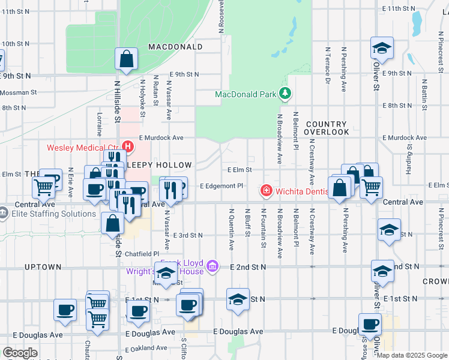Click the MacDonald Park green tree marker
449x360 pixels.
[x=285, y=94]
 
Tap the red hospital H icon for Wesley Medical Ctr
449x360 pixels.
[x=127, y=146]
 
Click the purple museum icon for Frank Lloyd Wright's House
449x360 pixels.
[x=211, y=266]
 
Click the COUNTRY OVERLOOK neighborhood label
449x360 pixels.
[x=326, y=127]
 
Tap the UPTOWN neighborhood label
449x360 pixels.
[x=43, y=266]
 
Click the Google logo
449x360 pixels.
[x=20, y=353]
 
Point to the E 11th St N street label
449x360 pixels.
[x=399, y=9]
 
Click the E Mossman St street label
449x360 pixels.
[x=18, y=93]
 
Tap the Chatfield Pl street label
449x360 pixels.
[x=142, y=254]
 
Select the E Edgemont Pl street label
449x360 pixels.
[x=221, y=186]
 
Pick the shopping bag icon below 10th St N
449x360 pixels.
[x=127, y=59]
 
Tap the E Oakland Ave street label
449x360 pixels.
[x=144, y=347]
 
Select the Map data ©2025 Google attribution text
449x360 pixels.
[x=412, y=355]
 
